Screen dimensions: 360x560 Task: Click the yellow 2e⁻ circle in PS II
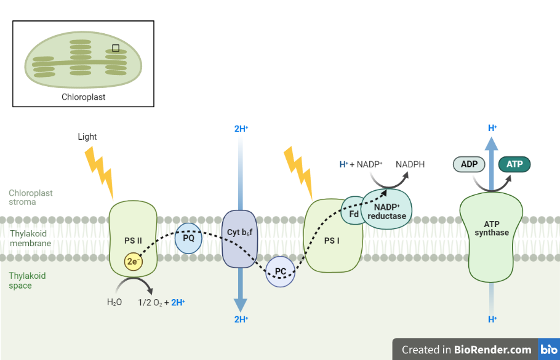[133, 261]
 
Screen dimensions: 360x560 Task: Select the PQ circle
[188, 238]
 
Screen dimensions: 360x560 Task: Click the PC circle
[280, 271]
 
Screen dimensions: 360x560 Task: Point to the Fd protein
[353, 213]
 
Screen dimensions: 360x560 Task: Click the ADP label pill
[469, 164]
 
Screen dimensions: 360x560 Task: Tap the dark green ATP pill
[514, 164]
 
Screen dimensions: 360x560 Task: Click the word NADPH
[410, 164]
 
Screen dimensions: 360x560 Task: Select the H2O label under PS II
[114, 302]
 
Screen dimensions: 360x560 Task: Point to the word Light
[87, 137]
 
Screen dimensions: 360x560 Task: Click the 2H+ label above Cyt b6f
[241, 129]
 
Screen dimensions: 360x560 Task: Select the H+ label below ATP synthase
[492, 319]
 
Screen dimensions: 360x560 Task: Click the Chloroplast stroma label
[31, 197]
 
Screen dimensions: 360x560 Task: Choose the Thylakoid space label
[28, 281]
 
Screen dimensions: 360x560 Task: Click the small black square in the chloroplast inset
[115, 48]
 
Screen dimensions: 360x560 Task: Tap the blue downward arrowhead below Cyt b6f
[241, 304]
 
